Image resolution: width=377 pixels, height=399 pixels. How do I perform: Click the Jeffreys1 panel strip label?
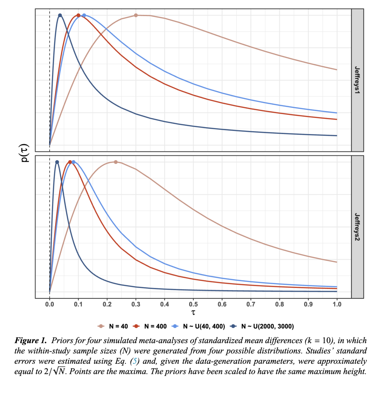pyautogui.click(x=357, y=80)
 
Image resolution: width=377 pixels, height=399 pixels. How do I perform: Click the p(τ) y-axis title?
pyautogui.click(x=25, y=154)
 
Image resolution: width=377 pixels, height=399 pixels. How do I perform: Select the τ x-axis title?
pyautogui.click(x=193, y=311)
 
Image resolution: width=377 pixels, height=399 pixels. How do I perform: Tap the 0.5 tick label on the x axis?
pyautogui.click(x=193, y=304)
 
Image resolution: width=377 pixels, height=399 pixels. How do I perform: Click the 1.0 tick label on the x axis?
pyautogui.click(x=337, y=304)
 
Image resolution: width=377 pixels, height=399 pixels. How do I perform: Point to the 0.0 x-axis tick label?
pyautogui.click(x=50, y=304)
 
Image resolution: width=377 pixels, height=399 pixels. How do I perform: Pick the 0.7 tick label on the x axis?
pyautogui.click(x=251, y=304)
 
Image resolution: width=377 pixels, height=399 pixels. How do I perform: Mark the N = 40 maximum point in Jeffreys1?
pyautogui.click(x=136, y=15)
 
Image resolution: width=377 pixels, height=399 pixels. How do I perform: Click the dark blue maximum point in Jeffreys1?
pyautogui.click(x=60, y=15)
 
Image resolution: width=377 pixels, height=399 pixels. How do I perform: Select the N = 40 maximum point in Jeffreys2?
pyautogui.click(x=116, y=162)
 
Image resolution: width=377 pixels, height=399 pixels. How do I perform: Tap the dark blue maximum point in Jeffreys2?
pyautogui.click(x=57, y=162)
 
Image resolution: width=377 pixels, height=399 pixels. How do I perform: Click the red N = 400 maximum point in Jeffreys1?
pyautogui.click(x=78, y=15)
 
